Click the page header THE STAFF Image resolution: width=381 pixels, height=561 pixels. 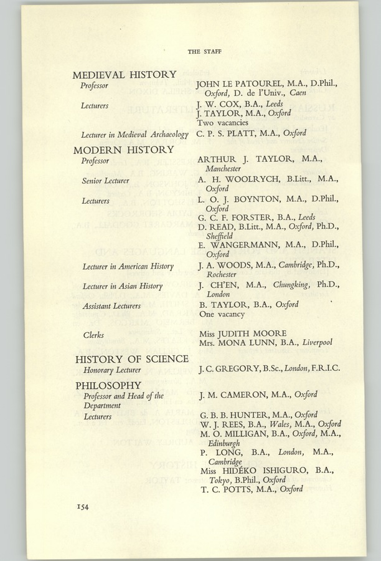[204, 51]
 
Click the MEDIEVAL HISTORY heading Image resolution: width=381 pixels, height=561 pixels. [124, 75]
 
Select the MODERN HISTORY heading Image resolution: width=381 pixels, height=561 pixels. [123, 150]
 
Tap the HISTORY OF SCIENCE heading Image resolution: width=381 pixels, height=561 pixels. [132, 359]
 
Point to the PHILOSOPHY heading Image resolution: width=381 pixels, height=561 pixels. [108, 385]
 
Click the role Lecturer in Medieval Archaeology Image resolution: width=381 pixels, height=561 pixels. [134, 134]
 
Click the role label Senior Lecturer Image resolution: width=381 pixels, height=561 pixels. [106, 181]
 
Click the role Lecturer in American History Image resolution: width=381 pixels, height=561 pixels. [128, 267]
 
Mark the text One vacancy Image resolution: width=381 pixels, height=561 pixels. [215, 315]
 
